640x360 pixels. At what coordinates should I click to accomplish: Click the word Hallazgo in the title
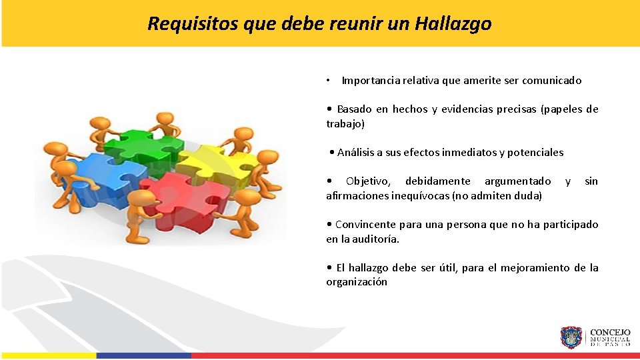[x=453, y=24]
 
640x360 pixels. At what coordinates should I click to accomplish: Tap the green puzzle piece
[x=142, y=142]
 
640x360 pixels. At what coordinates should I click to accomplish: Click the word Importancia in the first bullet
[x=372, y=81]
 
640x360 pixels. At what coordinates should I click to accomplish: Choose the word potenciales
[x=535, y=153]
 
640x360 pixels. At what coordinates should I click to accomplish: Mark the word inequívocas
[x=418, y=196]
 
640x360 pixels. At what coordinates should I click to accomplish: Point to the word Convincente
[x=365, y=225]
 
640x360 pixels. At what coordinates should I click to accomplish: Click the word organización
[x=357, y=282]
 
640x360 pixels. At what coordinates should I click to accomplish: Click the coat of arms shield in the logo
[x=571, y=338]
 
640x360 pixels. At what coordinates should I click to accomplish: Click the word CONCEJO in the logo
[x=611, y=332]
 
